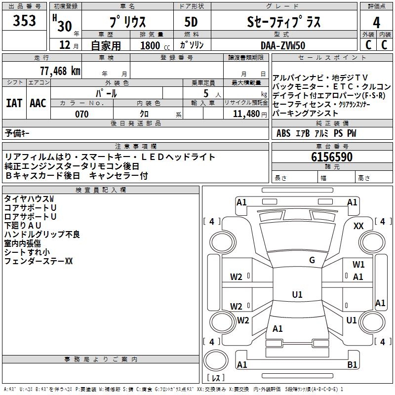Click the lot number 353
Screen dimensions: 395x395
tap(24, 21)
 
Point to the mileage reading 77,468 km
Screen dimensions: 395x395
tap(60, 71)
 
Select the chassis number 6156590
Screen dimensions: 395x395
tap(332, 157)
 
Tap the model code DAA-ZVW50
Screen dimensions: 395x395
tap(283, 45)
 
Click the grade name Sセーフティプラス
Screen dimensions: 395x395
tap(283, 22)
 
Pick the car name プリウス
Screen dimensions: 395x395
tap(127, 22)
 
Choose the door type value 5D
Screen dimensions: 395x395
tap(192, 22)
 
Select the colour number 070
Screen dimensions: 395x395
tap(82, 114)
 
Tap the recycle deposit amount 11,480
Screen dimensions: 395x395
tap(246, 114)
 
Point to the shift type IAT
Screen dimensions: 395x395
tap(14, 103)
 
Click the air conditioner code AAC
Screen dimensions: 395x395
tap(38, 103)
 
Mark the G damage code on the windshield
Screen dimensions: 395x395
tap(312, 260)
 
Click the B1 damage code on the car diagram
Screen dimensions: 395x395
tap(352, 365)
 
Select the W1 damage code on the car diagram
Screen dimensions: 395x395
tap(358, 265)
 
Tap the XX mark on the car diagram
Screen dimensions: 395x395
tap(358, 226)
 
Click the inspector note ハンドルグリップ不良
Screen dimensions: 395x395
tap(42, 235)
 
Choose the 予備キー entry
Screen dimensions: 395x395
tap(17, 133)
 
